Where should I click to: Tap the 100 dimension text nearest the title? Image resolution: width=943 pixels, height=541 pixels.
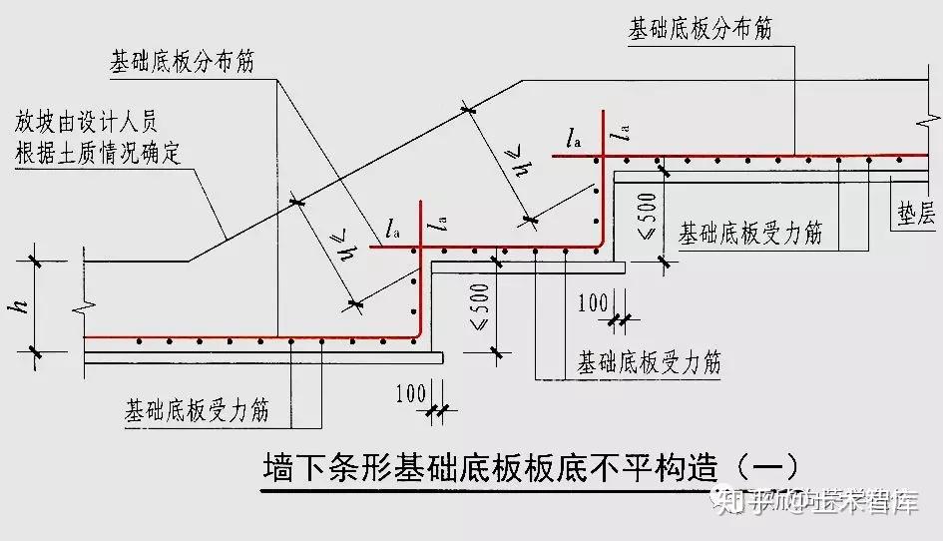click(x=410, y=391)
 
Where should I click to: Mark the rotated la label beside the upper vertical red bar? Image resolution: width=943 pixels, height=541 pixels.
click(x=625, y=136)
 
